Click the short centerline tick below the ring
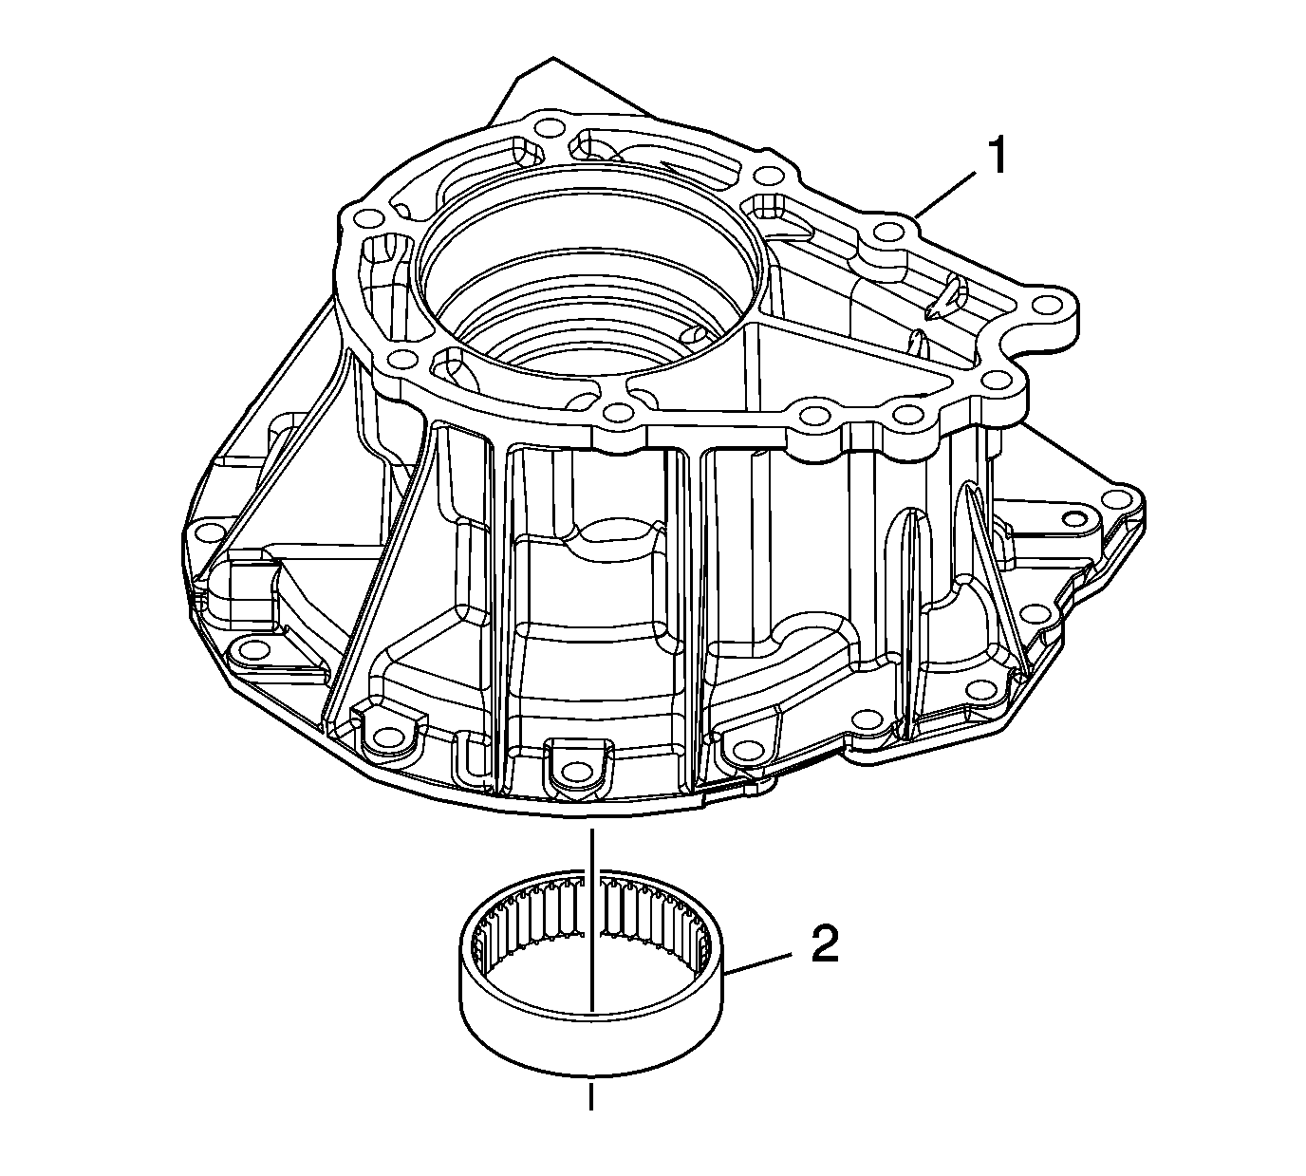592,1094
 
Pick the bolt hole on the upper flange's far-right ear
1047,306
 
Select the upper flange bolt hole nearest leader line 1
887,231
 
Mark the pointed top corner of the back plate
551,59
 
